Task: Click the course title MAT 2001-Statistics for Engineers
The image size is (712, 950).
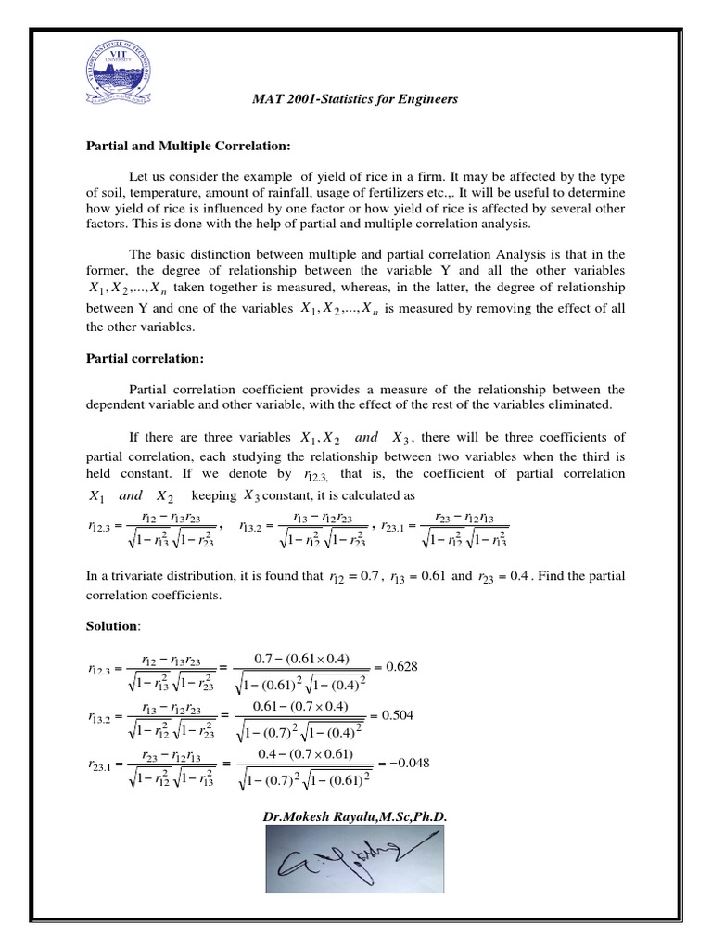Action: point(355,98)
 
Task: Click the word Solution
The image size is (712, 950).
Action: point(110,627)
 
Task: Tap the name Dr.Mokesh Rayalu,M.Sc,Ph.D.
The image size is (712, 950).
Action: point(356,816)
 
